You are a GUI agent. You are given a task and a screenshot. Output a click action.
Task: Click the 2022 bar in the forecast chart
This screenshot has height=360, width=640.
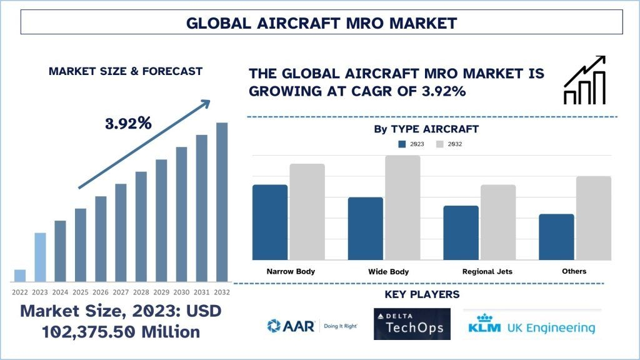pos(20,275)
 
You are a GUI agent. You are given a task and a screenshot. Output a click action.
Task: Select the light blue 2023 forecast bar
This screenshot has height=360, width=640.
pos(40,257)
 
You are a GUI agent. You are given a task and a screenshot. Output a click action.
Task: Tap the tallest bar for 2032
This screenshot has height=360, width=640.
pos(222,202)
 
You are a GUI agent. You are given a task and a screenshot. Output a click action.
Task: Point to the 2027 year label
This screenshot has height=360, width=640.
pos(121,292)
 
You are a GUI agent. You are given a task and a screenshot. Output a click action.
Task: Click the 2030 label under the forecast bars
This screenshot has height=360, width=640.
pos(181,292)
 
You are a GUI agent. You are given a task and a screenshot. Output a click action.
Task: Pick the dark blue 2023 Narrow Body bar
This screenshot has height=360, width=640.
pos(270,222)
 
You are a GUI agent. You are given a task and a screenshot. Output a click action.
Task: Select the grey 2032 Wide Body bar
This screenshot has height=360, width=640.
pos(402,207)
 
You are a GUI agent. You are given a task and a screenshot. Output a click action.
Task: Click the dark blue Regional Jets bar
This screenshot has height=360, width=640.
pos(461,232)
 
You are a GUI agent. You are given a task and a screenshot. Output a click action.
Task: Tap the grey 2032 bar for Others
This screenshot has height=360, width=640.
pos(594,217)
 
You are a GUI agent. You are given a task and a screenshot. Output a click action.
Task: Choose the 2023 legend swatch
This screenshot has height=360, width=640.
pos(402,144)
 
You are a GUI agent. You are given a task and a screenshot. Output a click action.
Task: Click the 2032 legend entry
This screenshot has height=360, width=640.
pos(449,144)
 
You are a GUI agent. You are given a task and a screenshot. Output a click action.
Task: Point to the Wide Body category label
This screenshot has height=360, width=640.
pos(389,272)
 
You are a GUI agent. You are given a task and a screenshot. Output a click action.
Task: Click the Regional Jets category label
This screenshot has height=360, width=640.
pos(487,272)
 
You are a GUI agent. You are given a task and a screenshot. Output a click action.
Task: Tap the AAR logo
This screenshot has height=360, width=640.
pos(310,325)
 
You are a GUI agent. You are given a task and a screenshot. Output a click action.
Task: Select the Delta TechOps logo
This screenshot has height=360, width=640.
pos(412,324)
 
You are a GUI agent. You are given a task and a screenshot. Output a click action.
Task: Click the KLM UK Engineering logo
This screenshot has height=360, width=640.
pos(532,325)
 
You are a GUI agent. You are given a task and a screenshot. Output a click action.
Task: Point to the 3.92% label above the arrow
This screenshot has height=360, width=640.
pos(128,123)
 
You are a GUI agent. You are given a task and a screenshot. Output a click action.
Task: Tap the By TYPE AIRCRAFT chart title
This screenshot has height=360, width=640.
pos(426,129)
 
